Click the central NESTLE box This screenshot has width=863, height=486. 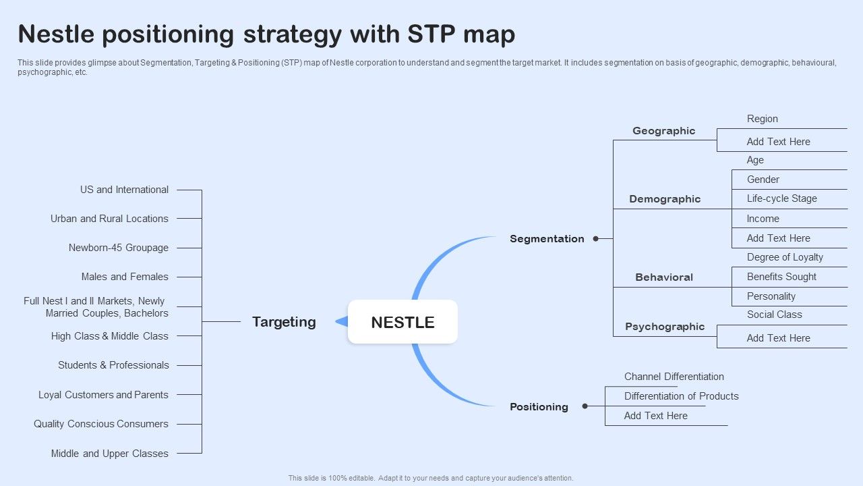(x=403, y=322)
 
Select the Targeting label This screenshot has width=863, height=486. (x=284, y=322)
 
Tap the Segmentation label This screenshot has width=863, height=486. (x=547, y=239)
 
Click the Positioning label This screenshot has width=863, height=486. (x=539, y=407)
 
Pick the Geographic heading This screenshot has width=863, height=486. (x=663, y=131)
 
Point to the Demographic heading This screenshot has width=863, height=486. (x=665, y=199)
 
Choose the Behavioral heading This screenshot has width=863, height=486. (x=664, y=277)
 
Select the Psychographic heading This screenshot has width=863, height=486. (x=665, y=327)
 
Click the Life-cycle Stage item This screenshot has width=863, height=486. (x=781, y=198)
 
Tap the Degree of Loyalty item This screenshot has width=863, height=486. (x=785, y=257)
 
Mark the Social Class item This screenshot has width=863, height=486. (x=774, y=315)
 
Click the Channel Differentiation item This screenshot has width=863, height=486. (x=674, y=377)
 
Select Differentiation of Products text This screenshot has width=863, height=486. (x=681, y=396)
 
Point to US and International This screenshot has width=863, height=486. (x=124, y=190)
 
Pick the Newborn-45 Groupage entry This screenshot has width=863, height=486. (x=118, y=248)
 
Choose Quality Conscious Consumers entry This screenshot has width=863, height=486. (x=101, y=424)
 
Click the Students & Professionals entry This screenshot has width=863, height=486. (x=113, y=365)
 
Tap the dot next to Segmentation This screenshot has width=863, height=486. (x=595, y=238)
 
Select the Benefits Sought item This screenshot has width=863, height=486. (x=781, y=277)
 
